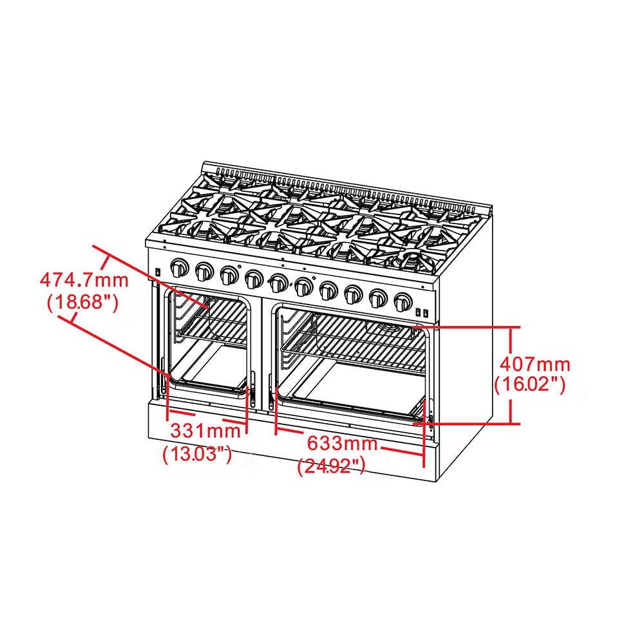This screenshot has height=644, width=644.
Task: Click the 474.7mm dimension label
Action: pos(84,280)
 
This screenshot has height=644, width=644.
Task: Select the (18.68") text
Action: pos(82,302)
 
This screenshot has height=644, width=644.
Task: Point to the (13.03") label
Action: pos(197,454)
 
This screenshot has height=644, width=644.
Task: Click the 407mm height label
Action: pos(533,365)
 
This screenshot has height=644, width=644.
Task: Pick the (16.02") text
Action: pos(529,385)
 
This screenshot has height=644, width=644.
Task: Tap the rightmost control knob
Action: pos(403,301)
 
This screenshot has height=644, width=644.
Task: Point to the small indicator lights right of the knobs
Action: pos(421,312)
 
